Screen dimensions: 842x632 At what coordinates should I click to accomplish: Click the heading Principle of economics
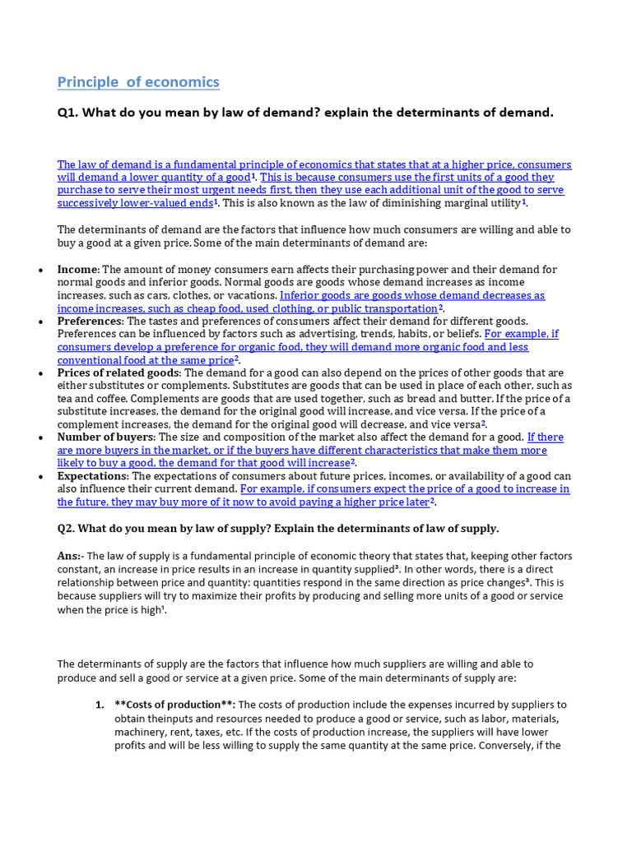click(x=138, y=81)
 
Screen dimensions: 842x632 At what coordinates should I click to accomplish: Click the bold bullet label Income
click(x=77, y=269)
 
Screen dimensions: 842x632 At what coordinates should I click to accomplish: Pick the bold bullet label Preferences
click(x=90, y=321)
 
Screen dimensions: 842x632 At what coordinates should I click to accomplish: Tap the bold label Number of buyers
click(x=105, y=437)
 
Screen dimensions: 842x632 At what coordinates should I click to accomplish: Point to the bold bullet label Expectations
click(x=92, y=475)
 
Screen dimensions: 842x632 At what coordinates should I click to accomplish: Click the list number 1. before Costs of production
click(x=99, y=705)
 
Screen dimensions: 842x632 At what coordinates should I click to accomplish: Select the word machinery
click(x=139, y=731)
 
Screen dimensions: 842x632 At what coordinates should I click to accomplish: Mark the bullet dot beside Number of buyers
click(x=40, y=437)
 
